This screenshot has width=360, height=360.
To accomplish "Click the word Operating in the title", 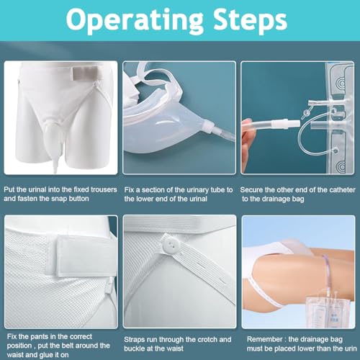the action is [135, 20].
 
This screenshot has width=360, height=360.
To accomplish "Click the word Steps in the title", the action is [251, 19].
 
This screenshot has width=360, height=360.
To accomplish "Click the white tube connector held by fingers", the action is [286, 124].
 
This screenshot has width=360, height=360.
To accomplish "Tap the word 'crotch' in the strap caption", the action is [205, 339].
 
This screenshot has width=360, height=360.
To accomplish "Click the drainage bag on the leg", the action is [323, 312].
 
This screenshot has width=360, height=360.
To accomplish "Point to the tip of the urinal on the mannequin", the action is [55, 171].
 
